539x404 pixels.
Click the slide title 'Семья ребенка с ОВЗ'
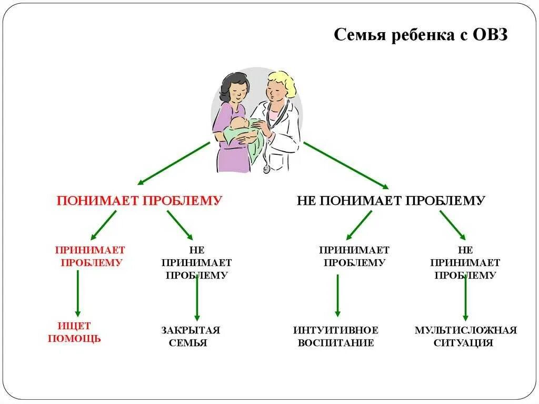421,35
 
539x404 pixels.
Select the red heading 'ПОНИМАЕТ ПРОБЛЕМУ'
139,201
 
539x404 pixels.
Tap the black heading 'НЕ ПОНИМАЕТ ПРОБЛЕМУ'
391,201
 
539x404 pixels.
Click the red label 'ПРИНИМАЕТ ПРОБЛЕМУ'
91,256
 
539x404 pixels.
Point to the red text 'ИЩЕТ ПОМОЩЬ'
74,332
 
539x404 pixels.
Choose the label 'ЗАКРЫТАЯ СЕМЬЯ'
190,337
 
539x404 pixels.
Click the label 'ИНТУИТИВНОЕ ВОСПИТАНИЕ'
336,337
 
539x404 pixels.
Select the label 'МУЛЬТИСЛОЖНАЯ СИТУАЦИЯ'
465,337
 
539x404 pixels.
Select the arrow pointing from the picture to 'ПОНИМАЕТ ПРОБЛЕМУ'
174,163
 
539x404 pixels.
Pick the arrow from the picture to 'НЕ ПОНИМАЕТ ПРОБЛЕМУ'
345,165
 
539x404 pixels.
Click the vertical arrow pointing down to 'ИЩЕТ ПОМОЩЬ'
78,293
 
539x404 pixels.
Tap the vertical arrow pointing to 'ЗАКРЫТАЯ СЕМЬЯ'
197,298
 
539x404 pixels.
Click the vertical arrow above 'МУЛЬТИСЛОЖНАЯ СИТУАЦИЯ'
465,298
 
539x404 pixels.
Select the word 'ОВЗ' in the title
488,35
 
